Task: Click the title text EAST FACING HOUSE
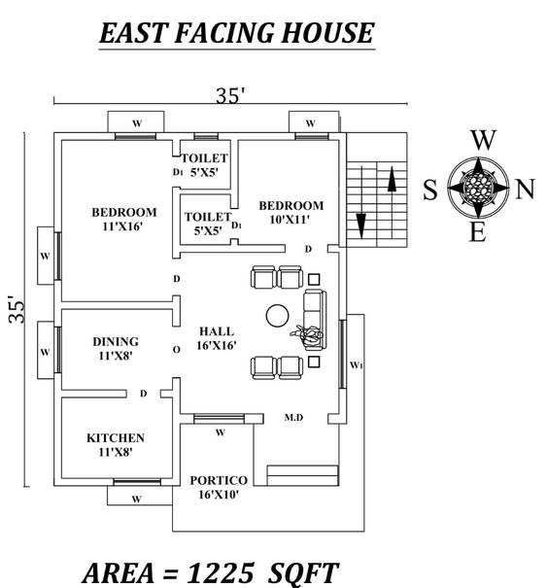(x=236, y=34)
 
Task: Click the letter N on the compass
(x=525, y=190)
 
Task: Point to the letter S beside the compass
(x=429, y=190)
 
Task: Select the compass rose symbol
(x=477, y=185)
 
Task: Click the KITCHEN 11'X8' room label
(x=116, y=444)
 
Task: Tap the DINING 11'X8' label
(x=116, y=348)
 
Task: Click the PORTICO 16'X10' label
(x=219, y=487)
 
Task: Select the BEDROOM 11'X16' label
(x=124, y=220)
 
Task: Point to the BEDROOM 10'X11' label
(x=291, y=212)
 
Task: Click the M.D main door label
(x=294, y=417)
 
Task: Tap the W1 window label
(x=356, y=364)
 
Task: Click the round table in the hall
(x=276, y=315)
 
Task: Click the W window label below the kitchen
(x=136, y=499)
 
